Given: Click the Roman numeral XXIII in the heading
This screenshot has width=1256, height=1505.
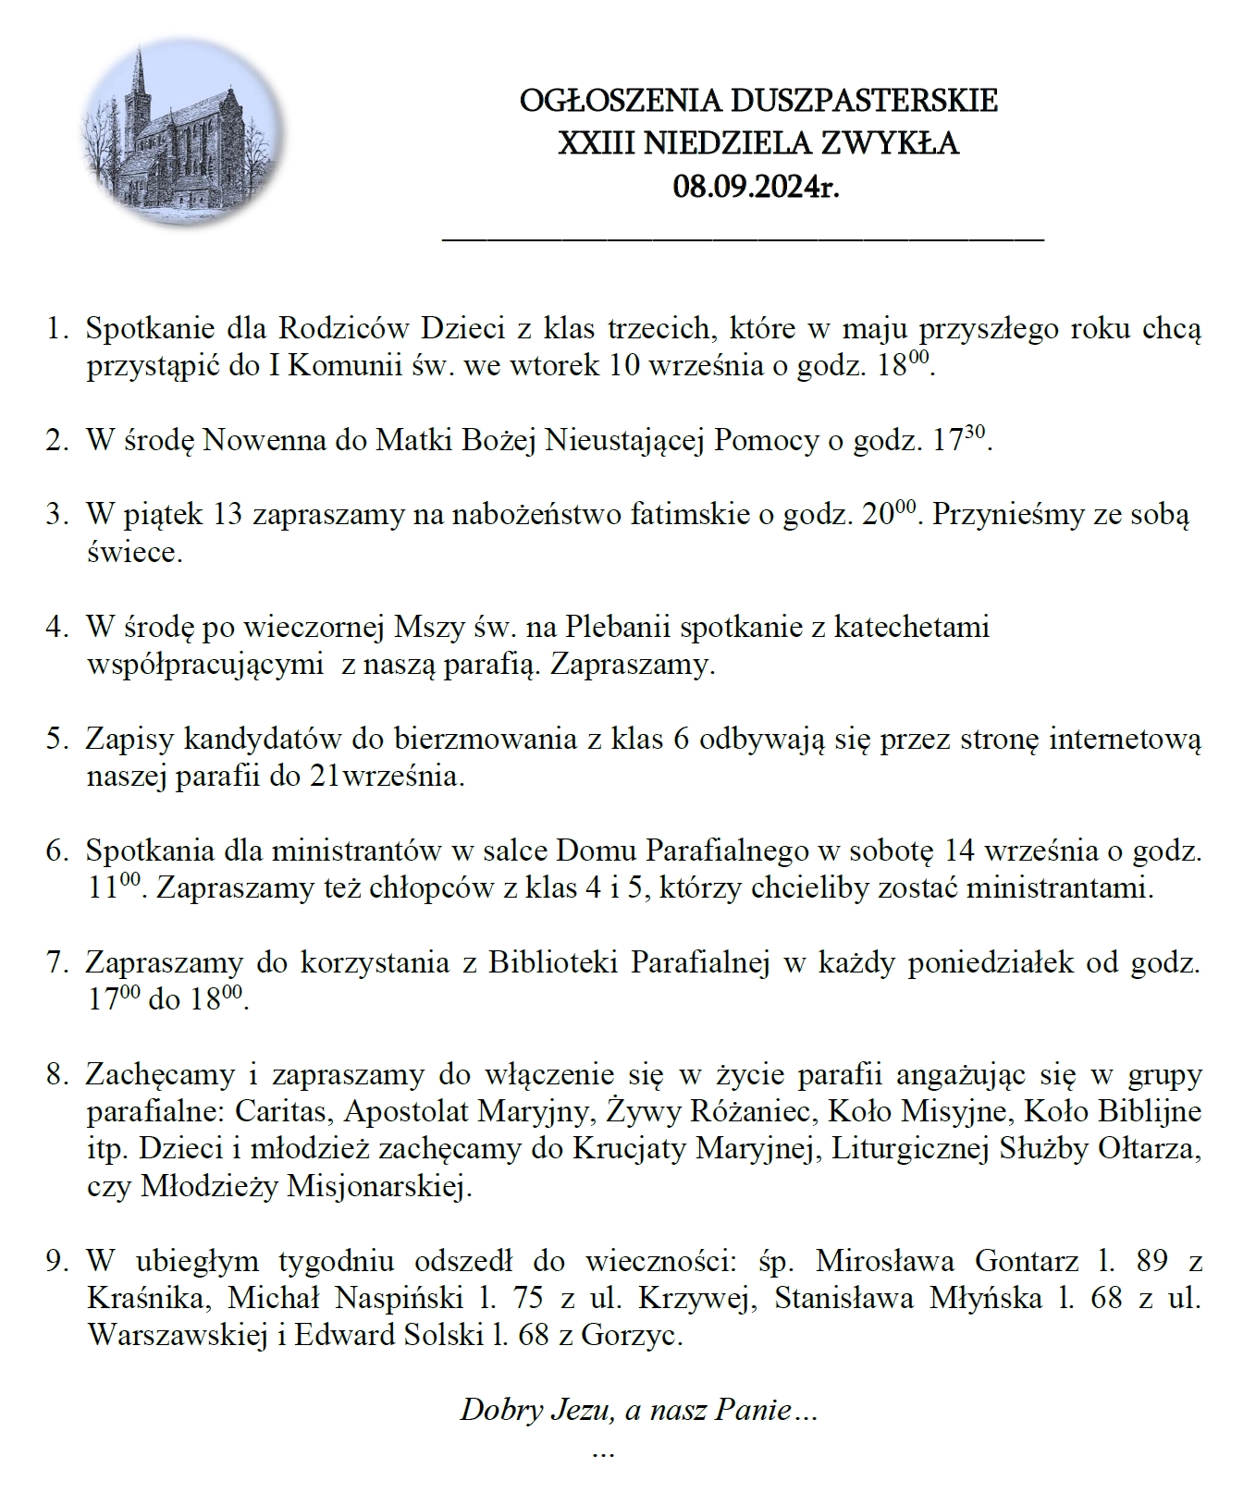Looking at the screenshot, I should coord(592,144).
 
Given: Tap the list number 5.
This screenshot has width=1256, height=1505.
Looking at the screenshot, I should coord(56,740).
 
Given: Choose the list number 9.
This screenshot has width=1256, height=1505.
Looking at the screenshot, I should coord(56,1260).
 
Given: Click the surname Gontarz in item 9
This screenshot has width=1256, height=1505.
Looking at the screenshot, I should coord(1026,1260).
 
